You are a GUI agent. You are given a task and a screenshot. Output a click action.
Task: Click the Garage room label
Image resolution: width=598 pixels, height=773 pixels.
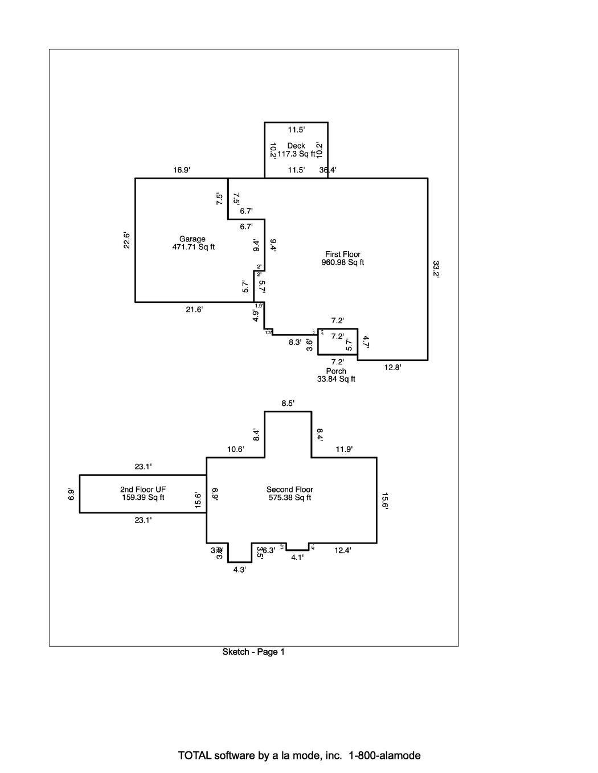coord(192,239)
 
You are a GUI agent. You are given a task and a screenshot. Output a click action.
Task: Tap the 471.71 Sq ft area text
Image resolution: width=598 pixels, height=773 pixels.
coord(193,247)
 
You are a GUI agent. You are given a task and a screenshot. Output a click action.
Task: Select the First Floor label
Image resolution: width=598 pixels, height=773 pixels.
coord(343,254)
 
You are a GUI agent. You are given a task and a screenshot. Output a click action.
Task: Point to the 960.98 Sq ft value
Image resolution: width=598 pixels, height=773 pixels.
coord(343,262)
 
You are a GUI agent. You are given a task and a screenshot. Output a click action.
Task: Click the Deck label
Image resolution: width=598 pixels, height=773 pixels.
coord(296,146)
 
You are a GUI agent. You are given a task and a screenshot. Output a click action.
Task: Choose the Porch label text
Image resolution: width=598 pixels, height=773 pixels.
coord(336,371)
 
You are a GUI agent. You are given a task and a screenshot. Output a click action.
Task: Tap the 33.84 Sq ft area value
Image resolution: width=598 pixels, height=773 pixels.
coord(336,379)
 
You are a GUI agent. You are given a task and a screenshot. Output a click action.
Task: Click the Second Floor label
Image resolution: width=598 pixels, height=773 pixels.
coord(290,490)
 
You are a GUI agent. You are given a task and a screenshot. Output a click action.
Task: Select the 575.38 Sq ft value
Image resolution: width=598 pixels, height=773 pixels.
coord(290,497)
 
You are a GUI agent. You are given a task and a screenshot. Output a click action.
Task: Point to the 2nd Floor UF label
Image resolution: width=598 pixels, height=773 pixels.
coord(143,490)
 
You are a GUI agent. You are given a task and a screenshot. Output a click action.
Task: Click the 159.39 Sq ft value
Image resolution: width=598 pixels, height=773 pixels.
coord(143,497)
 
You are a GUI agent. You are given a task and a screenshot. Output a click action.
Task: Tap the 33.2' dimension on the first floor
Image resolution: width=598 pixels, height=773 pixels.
coord(436,269)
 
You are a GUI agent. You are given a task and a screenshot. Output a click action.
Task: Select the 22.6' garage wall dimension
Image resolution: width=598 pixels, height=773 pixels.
coord(127,240)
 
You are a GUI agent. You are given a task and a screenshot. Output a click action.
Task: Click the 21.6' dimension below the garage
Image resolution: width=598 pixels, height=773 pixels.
coord(194,310)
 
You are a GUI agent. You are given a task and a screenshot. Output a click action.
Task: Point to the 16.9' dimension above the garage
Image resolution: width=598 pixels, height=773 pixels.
coord(182,170)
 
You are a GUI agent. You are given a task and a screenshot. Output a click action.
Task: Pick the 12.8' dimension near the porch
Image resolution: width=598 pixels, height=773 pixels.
coord(392,368)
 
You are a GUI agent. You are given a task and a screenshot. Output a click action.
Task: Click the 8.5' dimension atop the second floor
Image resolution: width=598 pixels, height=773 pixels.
coord(288,404)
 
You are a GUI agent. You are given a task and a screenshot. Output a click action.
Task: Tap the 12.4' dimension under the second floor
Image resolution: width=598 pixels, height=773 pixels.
coord(343,550)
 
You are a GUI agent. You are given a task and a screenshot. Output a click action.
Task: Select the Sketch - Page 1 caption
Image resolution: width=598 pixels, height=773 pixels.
coord(253,652)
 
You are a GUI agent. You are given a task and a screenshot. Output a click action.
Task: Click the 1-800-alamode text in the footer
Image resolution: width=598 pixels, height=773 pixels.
coord(385,756)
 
